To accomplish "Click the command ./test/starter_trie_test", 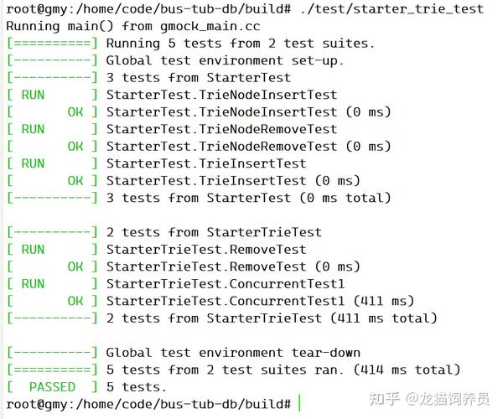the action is point(392,9).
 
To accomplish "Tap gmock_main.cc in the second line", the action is point(210,26).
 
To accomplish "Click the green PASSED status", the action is point(52,387).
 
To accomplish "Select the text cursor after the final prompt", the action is point(299,403).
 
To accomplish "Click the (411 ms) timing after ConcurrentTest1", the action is point(384,301).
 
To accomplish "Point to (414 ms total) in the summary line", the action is point(407,370).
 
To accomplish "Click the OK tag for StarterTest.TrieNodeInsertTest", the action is point(75,112).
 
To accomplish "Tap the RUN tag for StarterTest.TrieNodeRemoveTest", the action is point(33,129).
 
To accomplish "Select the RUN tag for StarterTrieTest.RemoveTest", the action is point(33,250).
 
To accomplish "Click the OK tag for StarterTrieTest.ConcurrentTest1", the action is point(75,301).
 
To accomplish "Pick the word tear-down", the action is point(326,353).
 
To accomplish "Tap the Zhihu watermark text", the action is point(429,399).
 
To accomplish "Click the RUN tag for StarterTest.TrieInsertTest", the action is point(33,163).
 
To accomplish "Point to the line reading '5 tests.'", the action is point(137,387).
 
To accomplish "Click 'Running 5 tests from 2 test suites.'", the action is point(241,44).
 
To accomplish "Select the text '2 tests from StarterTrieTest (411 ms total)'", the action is point(272,318).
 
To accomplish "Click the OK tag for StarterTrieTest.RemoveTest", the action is point(75,266).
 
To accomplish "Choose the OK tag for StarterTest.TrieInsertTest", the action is point(75,181).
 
